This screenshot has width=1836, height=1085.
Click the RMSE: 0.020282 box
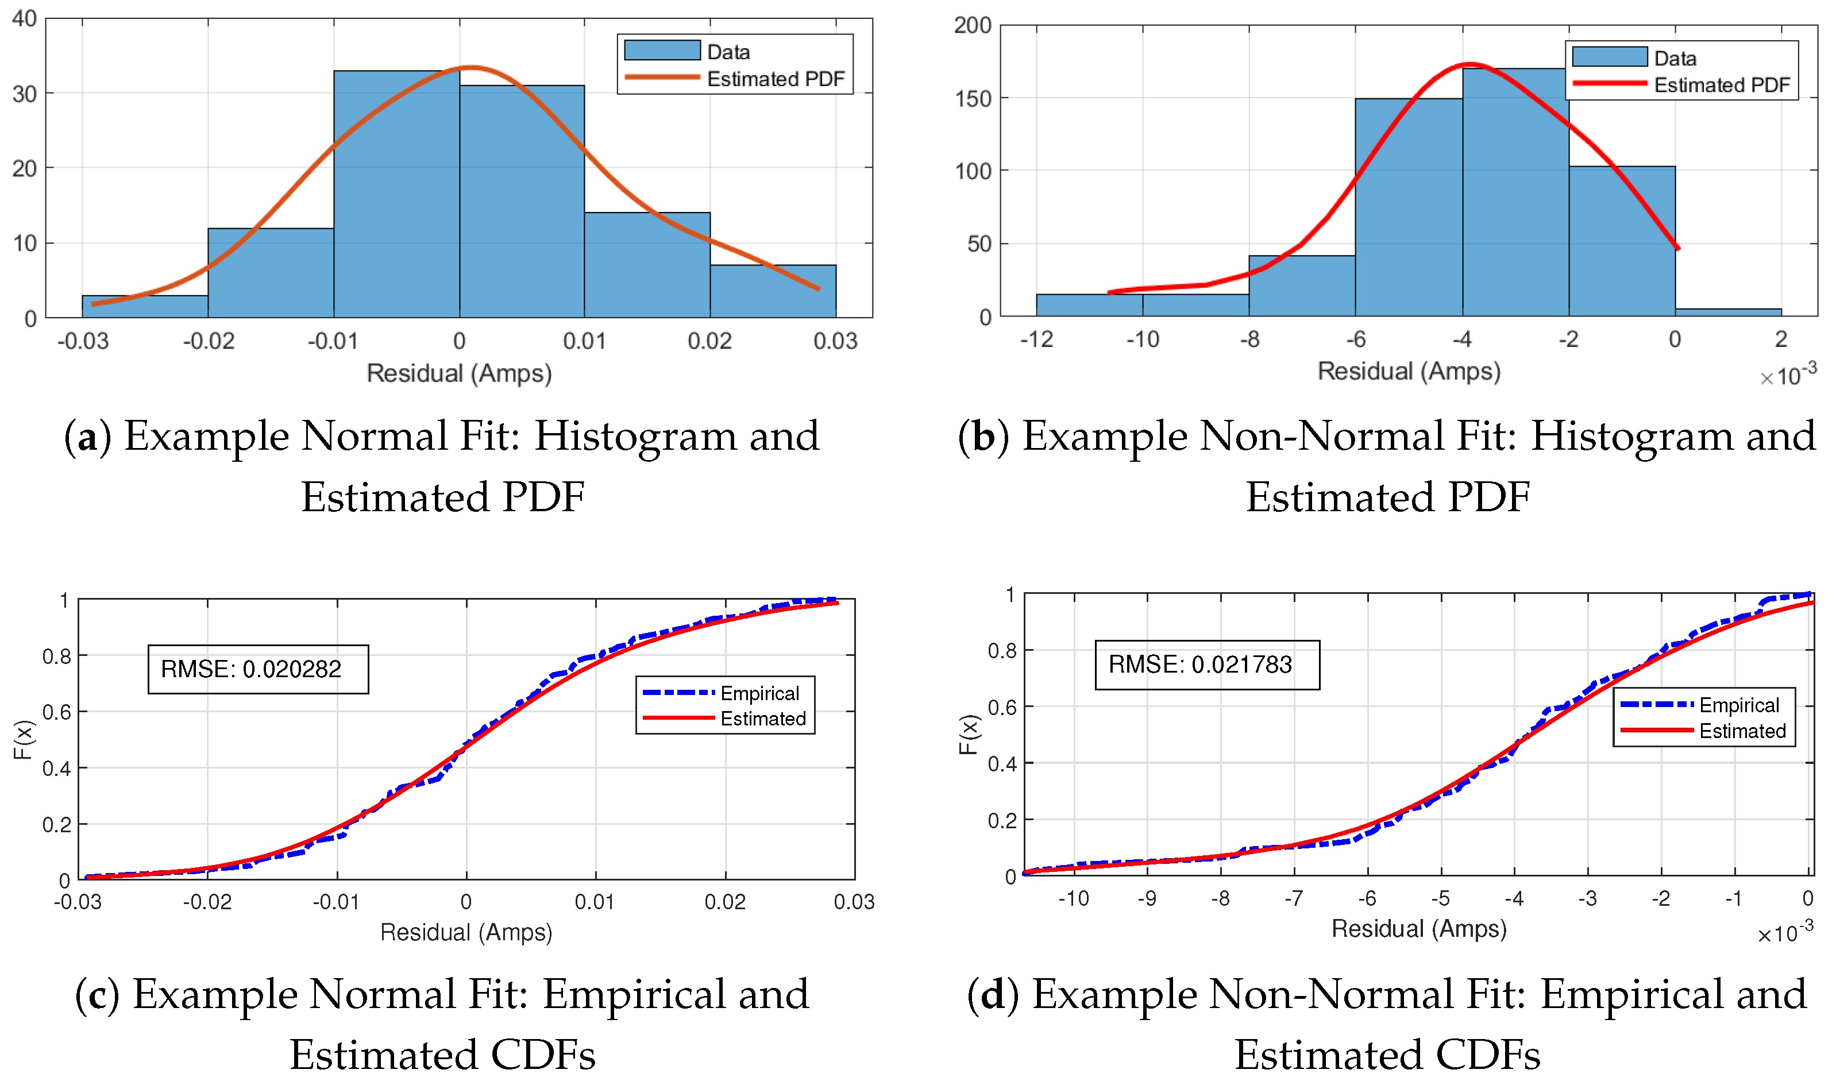(x=257, y=669)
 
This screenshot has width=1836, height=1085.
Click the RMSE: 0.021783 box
(x=1206, y=665)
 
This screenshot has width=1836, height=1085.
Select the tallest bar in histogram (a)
(x=396, y=194)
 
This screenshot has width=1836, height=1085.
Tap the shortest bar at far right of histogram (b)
(x=1728, y=312)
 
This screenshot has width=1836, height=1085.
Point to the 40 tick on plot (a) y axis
(x=25, y=19)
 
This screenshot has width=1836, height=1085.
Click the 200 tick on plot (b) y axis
(x=973, y=26)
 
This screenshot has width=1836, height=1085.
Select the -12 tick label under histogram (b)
(x=1036, y=339)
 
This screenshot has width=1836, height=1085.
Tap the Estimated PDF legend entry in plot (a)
(x=775, y=79)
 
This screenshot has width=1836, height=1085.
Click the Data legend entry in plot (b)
(x=1675, y=59)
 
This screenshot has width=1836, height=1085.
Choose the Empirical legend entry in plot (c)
(x=759, y=693)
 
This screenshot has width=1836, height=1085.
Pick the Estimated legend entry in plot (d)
(x=1742, y=731)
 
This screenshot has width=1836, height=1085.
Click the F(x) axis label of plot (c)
(x=22, y=739)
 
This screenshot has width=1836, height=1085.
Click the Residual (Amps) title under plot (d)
(x=1418, y=929)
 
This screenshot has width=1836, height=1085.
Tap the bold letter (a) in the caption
(x=88, y=437)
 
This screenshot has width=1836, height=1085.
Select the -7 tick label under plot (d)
(x=1294, y=898)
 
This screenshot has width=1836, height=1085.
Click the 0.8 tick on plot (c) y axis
(x=56, y=657)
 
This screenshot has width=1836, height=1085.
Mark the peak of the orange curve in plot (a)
(x=472, y=68)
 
